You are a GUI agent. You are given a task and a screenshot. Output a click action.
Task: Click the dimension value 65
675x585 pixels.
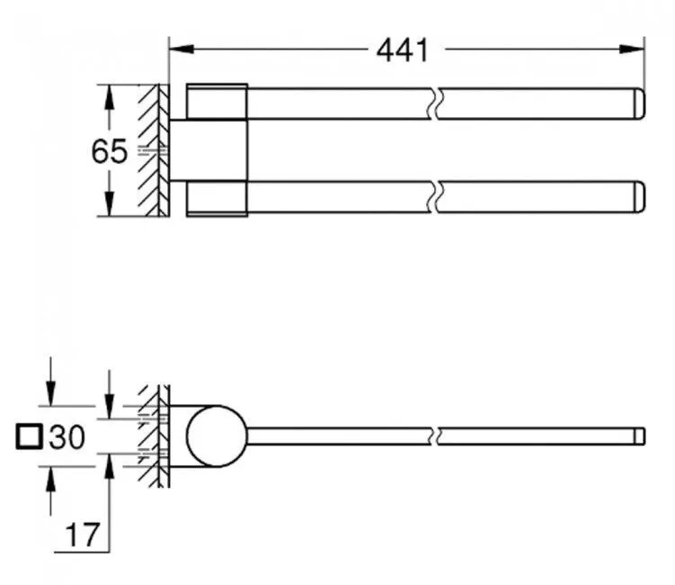point(109,152)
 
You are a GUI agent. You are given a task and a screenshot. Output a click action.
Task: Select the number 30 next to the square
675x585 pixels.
point(67,438)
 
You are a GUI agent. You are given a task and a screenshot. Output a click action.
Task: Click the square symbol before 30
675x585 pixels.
point(30,438)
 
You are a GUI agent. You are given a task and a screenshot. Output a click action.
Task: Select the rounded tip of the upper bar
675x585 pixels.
point(640,104)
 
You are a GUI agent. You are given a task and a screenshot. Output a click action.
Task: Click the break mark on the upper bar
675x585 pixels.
point(435,104)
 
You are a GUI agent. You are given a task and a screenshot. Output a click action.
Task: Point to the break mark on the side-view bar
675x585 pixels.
point(435,436)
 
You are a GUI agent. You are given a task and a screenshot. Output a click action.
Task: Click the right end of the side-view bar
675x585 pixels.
point(640,436)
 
